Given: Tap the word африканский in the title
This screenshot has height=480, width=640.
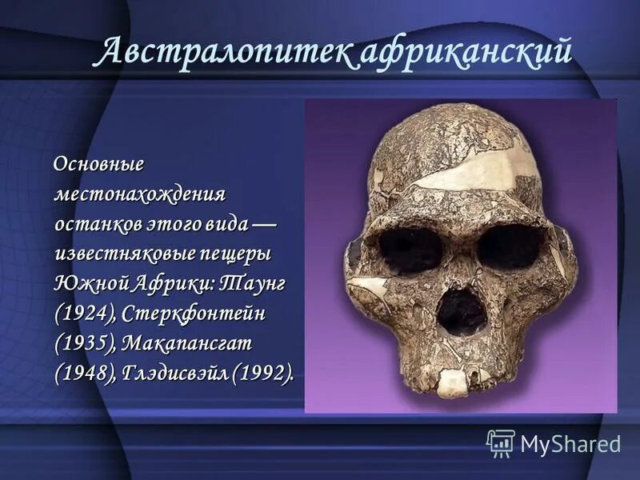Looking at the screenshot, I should tap(466, 53).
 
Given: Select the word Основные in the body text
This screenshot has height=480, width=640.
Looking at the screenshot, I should tap(98, 164).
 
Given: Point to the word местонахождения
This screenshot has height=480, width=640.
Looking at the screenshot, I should tap(140, 194).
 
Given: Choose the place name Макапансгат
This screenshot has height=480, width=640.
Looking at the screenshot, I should tap(198, 342).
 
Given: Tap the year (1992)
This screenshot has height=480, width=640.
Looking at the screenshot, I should tap(262, 372).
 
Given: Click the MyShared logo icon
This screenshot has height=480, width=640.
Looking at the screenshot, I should tap(501, 442).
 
